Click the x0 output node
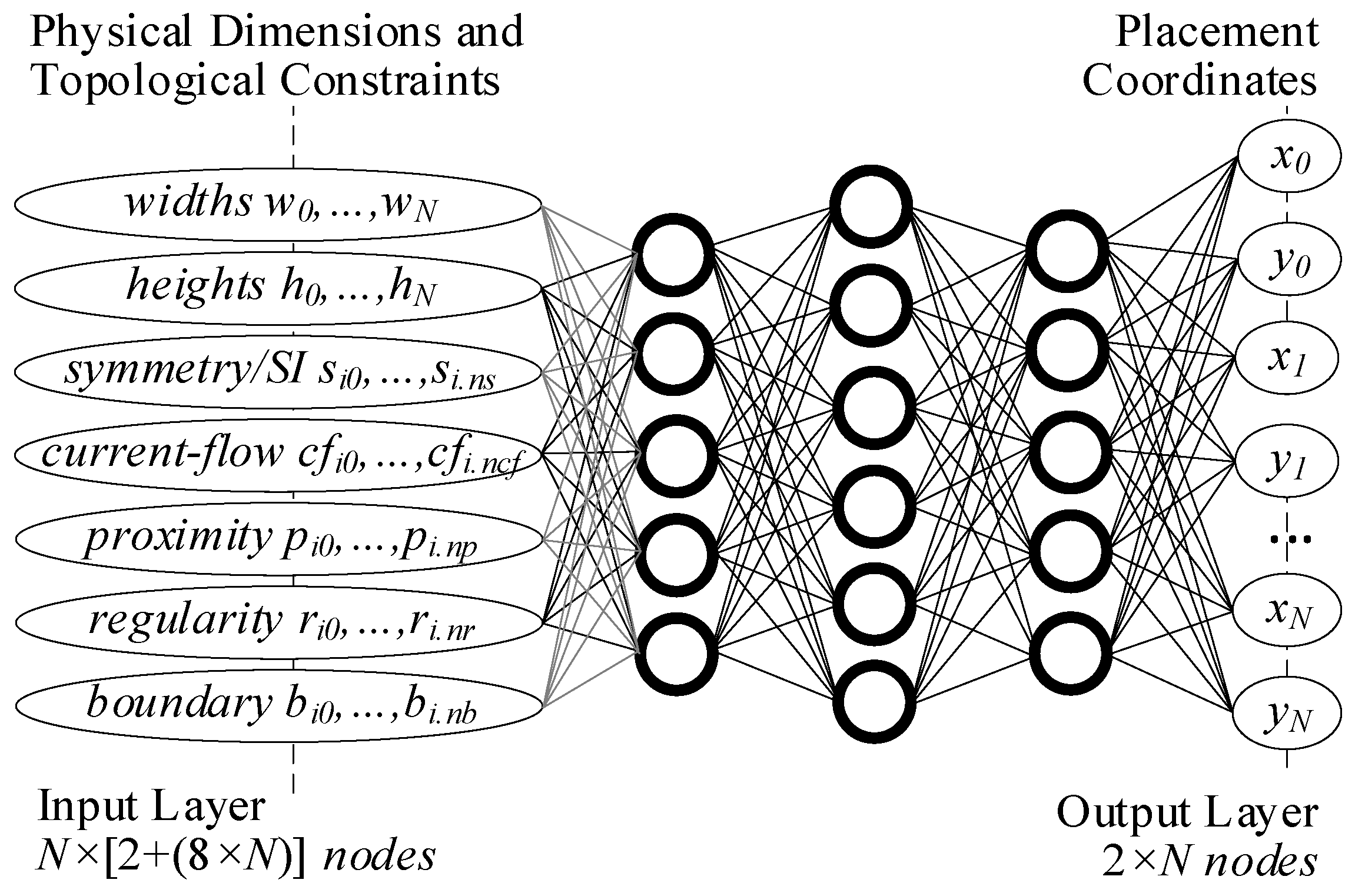1288,158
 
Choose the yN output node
1288,713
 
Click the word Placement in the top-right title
1216,32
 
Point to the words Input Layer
151,807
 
